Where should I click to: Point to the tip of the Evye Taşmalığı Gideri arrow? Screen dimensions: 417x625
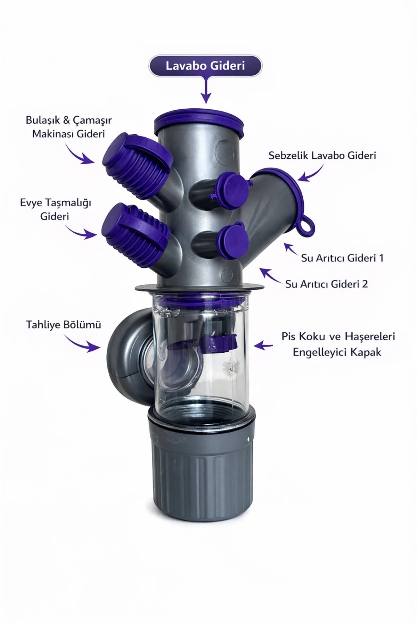point(97,236)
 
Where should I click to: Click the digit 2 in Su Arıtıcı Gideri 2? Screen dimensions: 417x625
point(365,284)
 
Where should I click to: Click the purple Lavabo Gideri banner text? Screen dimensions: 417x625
point(205,65)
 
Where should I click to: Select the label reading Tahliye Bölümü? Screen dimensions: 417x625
point(64,325)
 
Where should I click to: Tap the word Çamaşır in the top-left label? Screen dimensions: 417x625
point(92,120)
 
